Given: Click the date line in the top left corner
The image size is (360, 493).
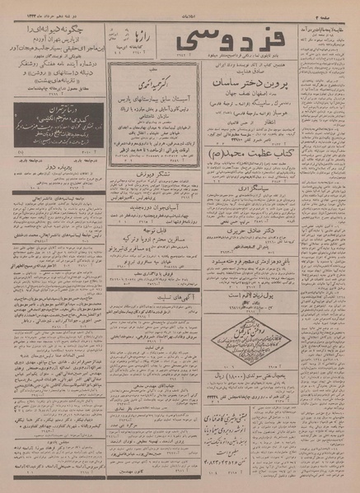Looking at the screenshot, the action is tap(33, 7).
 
